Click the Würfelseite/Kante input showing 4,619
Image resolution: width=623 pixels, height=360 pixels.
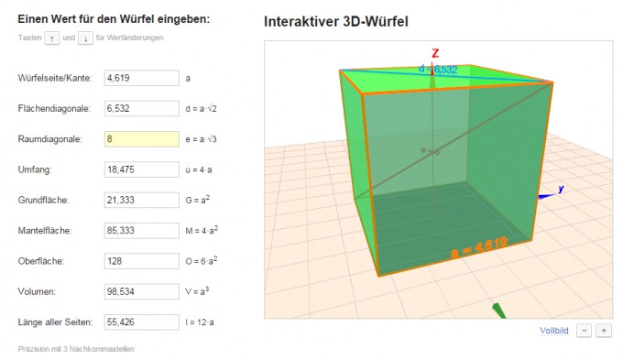coord(142,78)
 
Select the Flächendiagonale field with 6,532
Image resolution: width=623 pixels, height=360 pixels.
coord(142,108)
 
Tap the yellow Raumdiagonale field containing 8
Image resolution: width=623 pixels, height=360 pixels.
coord(142,139)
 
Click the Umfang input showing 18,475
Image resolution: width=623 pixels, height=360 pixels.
coord(142,169)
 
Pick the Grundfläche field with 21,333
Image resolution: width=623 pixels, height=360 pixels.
coord(142,200)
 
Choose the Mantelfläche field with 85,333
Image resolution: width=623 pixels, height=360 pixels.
coord(142,231)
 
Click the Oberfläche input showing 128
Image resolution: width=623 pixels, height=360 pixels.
coord(142,261)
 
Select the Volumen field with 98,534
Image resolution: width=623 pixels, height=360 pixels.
coord(142,291)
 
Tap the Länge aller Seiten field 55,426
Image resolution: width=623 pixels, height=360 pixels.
coord(142,322)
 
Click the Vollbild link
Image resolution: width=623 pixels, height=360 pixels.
coord(554,331)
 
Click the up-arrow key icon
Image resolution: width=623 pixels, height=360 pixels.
coord(52,38)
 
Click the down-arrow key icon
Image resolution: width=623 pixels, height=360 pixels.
coord(85,38)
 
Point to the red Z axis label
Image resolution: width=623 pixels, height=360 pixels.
coord(435,53)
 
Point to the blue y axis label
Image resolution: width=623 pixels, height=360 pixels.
coord(561,189)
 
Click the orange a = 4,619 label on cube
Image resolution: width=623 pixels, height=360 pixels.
coord(479,247)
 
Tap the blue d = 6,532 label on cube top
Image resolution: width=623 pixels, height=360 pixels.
coord(438,70)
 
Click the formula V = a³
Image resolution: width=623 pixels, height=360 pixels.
coord(197,291)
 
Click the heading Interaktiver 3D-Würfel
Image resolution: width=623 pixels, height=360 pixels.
coord(336,21)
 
